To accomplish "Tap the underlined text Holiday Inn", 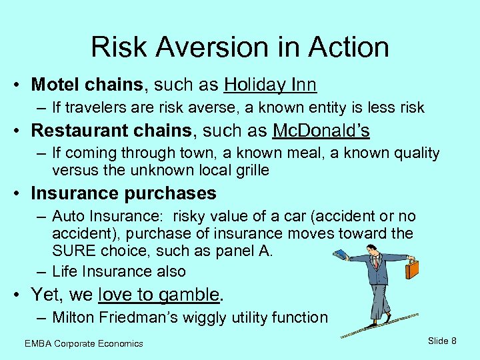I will pyautogui.click(x=270, y=85).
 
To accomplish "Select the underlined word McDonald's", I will pyautogui.click(x=321, y=129).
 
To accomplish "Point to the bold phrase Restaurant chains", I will pyautogui.click(x=114, y=129).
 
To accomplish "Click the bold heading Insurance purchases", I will pyautogui.click(x=123, y=193).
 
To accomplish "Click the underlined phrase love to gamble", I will pyautogui.click(x=159, y=294).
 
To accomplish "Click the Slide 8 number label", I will pyautogui.click(x=442, y=341).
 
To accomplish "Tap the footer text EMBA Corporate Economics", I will pyautogui.click(x=83, y=343).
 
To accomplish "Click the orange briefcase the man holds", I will pyautogui.click(x=412, y=269).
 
